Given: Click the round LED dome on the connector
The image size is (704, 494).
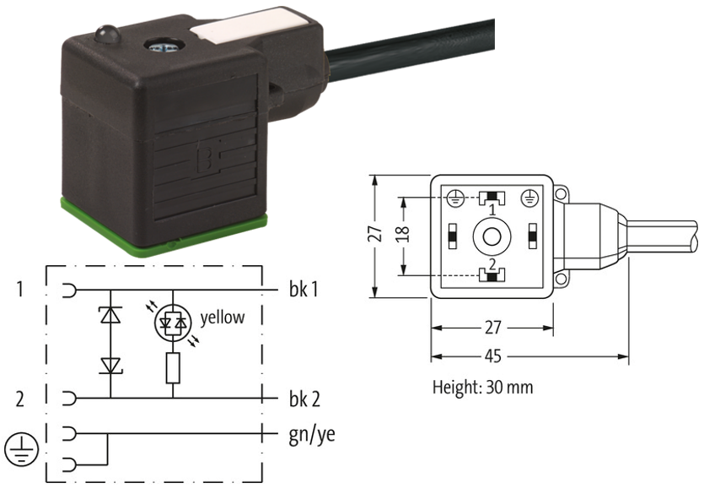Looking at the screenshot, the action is pyautogui.click(x=107, y=34).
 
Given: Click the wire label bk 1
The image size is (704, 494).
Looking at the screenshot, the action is pyautogui.click(x=304, y=289).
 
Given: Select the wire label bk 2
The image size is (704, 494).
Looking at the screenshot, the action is pyautogui.click(x=304, y=399).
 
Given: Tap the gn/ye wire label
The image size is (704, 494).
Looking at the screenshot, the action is pyautogui.click(x=312, y=435).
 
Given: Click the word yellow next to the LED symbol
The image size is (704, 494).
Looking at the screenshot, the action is pyautogui.click(x=223, y=318).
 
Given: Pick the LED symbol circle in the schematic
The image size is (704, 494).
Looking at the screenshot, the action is pyautogui.click(x=173, y=322).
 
